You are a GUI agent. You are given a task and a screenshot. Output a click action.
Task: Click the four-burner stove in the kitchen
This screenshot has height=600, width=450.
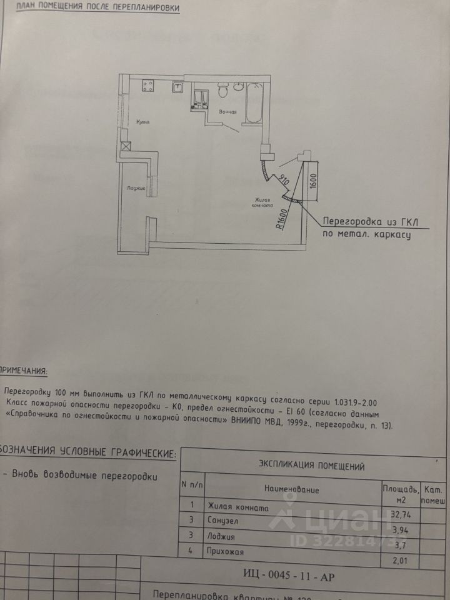point(148,84)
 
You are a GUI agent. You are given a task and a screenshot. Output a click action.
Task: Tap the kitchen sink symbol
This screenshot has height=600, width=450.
point(177,87)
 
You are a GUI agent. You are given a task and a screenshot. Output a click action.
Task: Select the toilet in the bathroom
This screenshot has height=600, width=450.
point(222,91)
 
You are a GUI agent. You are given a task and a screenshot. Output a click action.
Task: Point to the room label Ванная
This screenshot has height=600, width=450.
point(227,112)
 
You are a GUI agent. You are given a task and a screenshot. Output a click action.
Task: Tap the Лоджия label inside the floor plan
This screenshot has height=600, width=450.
point(136,187)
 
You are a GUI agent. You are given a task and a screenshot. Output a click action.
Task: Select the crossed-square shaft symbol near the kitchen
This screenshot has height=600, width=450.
point(126,147)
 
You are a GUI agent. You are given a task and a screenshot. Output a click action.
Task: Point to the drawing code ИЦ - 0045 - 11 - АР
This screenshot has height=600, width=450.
point(288,576)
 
